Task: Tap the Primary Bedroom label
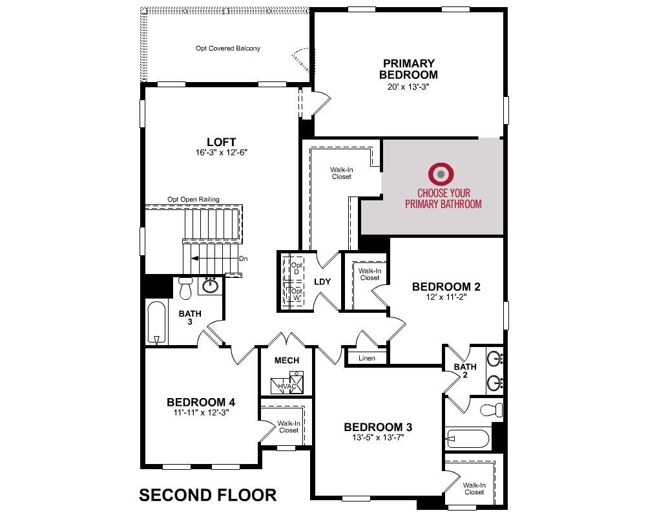pos(408,69)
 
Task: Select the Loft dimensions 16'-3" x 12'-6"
pos(221,153)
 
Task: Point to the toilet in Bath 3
pos(186,288)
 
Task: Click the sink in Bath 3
pos(211,285)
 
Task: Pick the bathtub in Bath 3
pos(156,323)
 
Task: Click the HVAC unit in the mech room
pos(287,383)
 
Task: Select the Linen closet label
pos(367,358)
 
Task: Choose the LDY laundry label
pos(322,282)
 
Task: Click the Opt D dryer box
pos(293,268)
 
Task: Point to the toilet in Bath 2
pos(492,410)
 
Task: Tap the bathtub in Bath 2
pos(468,439)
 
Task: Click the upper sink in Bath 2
pos(494,359)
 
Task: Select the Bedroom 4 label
pos(201,402)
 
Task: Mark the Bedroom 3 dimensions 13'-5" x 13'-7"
pos(378,438)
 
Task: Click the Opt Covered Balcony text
pos(228,48)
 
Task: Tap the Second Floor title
pos(207,495)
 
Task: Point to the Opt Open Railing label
pos(193,199)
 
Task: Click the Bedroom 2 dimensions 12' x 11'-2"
pos(446,297)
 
